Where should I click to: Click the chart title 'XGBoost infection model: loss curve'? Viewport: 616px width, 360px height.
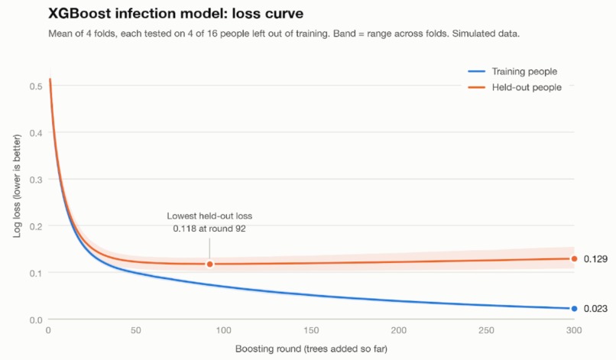[176, 13]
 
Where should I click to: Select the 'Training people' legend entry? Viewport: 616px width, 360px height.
[513, 72]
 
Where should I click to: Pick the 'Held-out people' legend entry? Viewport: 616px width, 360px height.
[514, 87]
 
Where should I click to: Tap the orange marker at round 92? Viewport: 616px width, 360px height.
[209, 264]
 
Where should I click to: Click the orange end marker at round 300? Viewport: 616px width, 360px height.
[575, 258]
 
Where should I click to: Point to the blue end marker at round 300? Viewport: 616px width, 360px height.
[575, 309]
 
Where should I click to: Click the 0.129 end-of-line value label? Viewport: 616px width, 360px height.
[595, 259]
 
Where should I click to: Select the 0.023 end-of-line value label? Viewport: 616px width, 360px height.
[595, 309]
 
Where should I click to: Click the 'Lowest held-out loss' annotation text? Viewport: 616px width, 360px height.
[209, 216]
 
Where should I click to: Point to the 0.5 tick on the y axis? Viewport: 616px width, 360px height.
[36, 86]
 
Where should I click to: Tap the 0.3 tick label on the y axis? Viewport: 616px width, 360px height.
[36, 180]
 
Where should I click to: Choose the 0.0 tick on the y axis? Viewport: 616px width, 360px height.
[36, 320]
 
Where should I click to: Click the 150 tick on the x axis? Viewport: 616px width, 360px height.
[311, 330]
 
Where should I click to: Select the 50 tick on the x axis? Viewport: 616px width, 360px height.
[136, 330]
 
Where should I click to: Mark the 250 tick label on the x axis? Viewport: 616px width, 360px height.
[486, 330]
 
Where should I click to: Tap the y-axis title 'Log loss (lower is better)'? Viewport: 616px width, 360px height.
[17, 186]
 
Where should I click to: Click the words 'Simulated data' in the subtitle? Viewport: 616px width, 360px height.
[485, 34]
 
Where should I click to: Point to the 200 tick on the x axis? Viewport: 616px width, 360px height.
[399, 330]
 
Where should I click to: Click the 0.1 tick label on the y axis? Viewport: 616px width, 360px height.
[36, 273]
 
